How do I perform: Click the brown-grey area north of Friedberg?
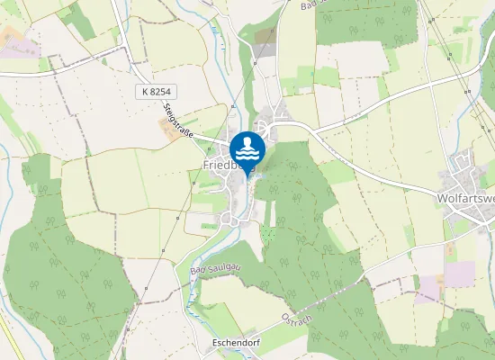click(265, 36)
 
